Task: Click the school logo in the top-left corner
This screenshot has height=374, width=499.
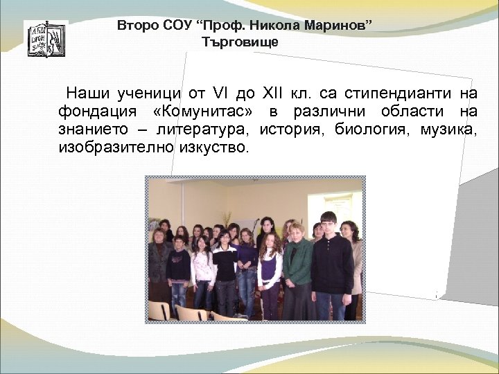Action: point(46,38)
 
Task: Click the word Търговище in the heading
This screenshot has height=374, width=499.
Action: point(240,42)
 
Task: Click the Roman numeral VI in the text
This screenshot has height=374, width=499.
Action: point(225,93)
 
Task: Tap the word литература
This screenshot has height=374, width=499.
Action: point(204,130)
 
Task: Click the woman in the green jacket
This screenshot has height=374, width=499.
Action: point(299,270)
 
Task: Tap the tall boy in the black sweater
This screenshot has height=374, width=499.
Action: point(331,267)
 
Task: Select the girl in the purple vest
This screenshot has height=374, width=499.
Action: point(247,267)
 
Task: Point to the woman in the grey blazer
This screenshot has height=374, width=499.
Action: point(159,267)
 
